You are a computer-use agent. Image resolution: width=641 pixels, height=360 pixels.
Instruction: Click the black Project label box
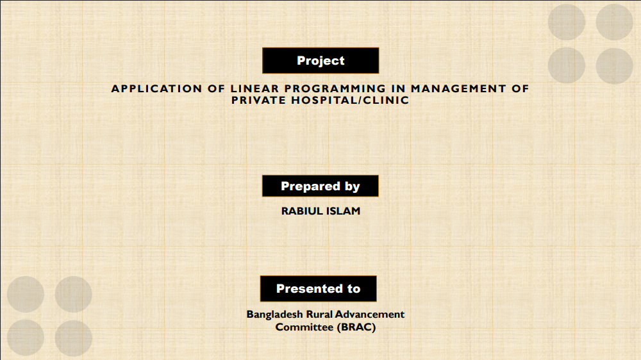pos(320,60)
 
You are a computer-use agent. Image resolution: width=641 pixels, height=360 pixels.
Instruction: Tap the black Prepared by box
pos(320,186)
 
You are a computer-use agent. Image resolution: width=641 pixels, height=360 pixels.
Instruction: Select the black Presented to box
pos(319,288)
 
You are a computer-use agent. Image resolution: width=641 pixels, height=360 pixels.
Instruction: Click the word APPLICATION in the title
pos(156,88)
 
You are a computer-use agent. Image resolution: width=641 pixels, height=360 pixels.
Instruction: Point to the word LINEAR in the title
pos(254,88)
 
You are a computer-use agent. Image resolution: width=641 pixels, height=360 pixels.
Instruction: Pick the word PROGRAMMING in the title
pos(335,88)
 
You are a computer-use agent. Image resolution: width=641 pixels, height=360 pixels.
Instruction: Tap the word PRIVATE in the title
pos(258,100)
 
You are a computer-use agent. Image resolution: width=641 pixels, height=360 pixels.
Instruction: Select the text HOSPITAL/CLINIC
pos(351,100)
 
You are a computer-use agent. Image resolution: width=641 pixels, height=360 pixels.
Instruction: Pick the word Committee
pos(304,327)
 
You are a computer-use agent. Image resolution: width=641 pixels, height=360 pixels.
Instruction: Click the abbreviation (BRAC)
pos(356,327)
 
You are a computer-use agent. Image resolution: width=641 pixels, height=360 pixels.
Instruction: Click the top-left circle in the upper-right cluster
pos(567,22)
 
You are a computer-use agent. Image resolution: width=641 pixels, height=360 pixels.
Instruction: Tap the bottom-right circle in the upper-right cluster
pos(615,66)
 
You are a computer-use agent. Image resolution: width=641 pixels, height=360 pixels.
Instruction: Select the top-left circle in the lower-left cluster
pos(26,294)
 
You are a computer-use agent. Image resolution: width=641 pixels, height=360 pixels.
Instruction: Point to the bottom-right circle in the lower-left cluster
pos(74,338)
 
